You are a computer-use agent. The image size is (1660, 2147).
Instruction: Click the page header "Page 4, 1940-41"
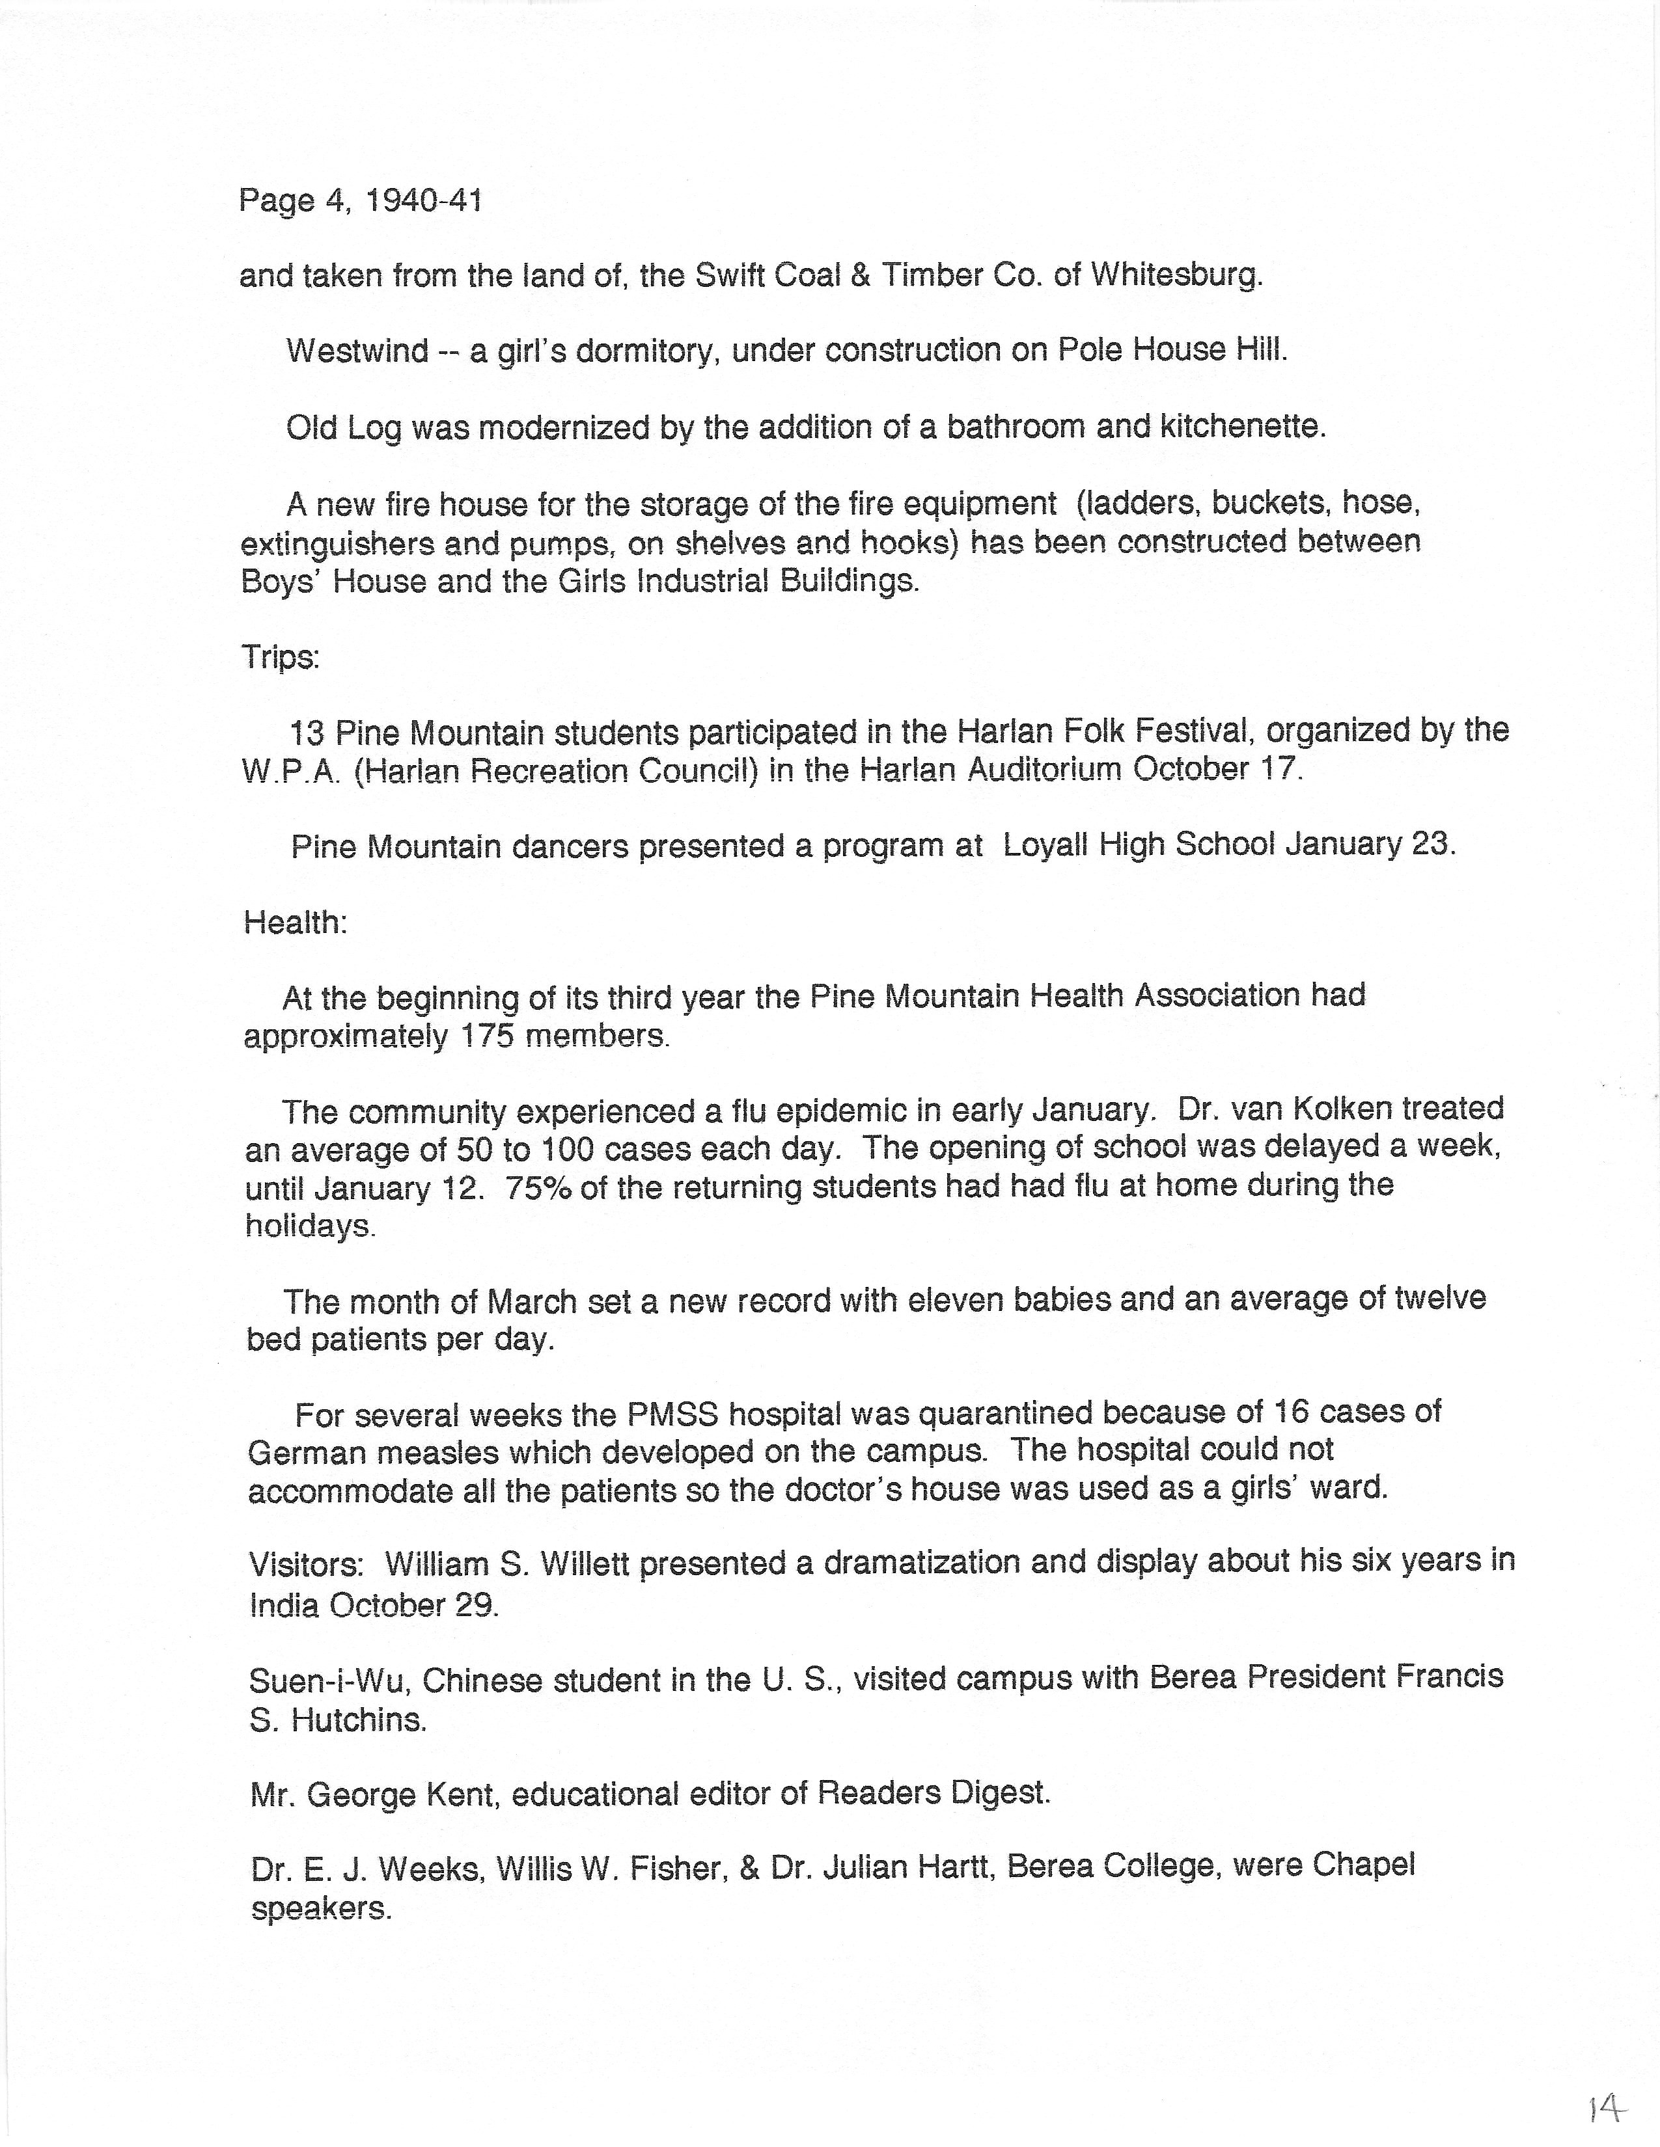click(x=360, y=202)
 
